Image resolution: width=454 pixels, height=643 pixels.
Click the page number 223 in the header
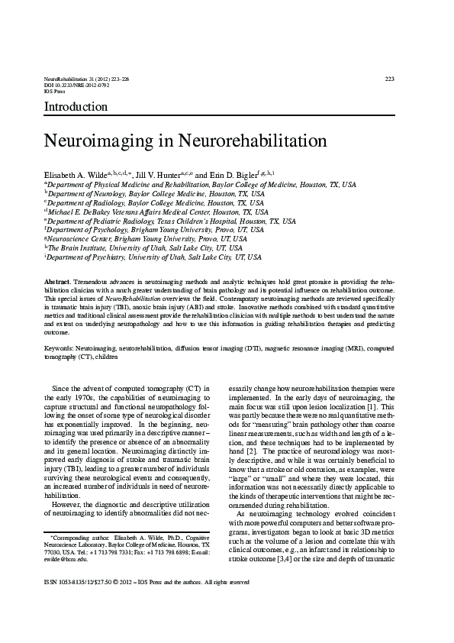pyautogui.click(x=389, y=79)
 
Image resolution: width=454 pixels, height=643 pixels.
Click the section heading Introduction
pyautogui.click(x=76, y=106)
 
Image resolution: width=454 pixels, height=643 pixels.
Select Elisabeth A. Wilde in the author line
pyautogui.click(x=76, y=175)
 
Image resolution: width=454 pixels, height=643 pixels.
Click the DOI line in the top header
pyautogui.click(x=77, y=85)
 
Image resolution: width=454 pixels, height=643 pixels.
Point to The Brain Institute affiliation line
pyautogui.click(x=145, y=248)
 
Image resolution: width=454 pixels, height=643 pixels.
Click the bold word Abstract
pyautogui.click(x=58, y=283)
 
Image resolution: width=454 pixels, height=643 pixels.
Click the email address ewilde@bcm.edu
pyautogui.click(x=66, y=559)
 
